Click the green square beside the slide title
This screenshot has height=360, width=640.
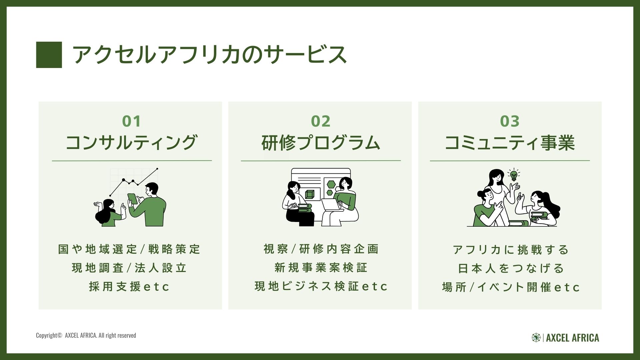[x=49, y=55]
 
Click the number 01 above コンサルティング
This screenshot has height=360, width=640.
[x=131, y=121]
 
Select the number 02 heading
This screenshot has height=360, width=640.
[x=321, y=121]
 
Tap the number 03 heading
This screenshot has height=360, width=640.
[x=510, y=121]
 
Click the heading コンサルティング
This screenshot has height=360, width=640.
[x=131, y=143]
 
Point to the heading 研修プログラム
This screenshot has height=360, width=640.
[x=321, y=143]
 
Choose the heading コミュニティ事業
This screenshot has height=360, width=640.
[x=510, y=143]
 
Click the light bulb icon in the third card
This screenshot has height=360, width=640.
[x=514, y=175]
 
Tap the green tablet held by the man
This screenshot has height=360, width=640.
[x=132, y=199]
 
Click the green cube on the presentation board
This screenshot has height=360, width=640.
[x=310, y=194]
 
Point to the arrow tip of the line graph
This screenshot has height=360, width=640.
[x=157, y=169]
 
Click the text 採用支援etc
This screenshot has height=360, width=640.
[x=129, y=287]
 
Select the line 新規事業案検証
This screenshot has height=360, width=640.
[x=321, y=268]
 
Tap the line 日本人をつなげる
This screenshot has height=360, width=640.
[x=510, y=268]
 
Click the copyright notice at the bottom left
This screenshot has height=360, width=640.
[x=86, y=335]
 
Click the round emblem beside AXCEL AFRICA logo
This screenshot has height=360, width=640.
[x=536, y=338]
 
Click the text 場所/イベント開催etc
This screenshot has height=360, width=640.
[x=511, y=287]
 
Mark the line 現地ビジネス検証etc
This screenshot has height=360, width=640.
[x=321, y=286]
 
